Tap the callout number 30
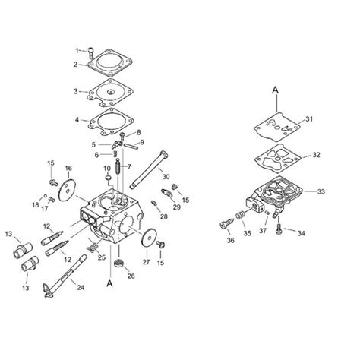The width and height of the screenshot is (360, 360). [x=185, y=177]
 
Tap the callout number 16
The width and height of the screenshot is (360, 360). [x=68, y=168]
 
